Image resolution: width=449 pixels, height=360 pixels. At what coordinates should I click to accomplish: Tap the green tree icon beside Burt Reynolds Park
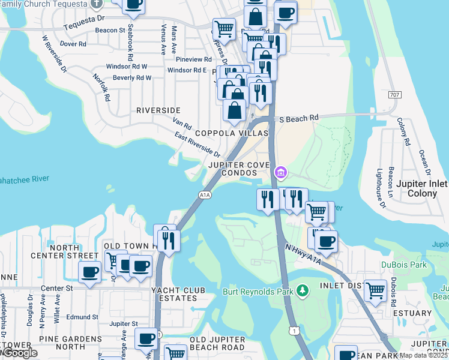click(x=303, y=291)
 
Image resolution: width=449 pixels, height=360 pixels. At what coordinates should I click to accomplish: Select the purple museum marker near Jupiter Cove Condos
click(x=280, y=173)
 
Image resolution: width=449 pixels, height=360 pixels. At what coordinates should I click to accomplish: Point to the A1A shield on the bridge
click(x=205, y=194)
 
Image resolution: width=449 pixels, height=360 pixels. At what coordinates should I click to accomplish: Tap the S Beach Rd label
click(x=299, y=119)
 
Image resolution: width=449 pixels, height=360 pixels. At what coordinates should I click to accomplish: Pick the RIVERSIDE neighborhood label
click(x=158, y=110)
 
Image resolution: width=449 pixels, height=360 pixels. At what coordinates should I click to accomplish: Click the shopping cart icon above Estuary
click(x=375, y=291)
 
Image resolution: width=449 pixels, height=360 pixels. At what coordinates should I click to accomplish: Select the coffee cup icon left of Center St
click(x=90, y=273)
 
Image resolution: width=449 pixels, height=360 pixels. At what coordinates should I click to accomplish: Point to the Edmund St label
click(x=83, y=317)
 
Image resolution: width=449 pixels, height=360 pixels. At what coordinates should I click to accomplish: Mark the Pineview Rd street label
click(x=194, y=59)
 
